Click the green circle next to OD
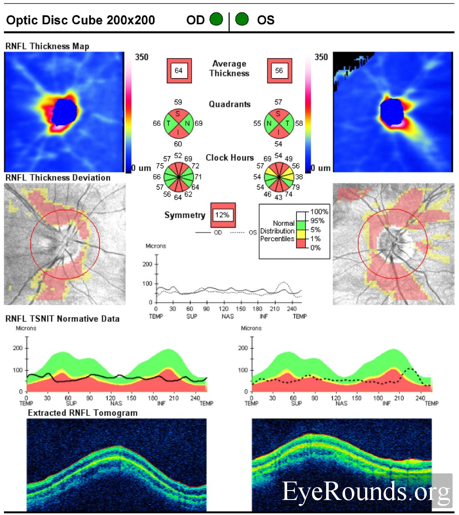pyautogui.click(x=216, y=19)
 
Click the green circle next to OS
pyautogui.click(x=242, y=19)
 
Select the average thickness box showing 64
pyautogui.click(x=178, y=70)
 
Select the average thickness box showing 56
pyautogui.click(x=279, y=70)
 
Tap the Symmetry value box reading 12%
pyautogui.click(x=222, y=215)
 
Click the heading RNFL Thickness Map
pyautogui.click(x=47, y=46)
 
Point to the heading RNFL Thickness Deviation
pyautogui.click(x=58, y=178)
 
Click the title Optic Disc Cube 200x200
pyautogui.click(x=81, y=20)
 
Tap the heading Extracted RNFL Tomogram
pyautogui.click(x=83, y=413)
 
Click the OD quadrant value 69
pyautogui.click(x=198, y=123)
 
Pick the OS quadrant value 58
pyautogui.click(x=299, y=123)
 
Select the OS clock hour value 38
pyautogui.click(x=299, y=176)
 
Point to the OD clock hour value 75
pyautogui.click(x=160, y=166)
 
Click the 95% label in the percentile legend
pyautogui.click(x=318, y=221)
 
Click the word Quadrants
pyautogui.click(x=229, y=104)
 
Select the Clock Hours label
pyautogui.click(x=230, y=158)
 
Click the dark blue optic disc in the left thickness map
pyautogui.click(x=66, y=111)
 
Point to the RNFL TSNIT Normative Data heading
pyautogui.click(x=63, y=319)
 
